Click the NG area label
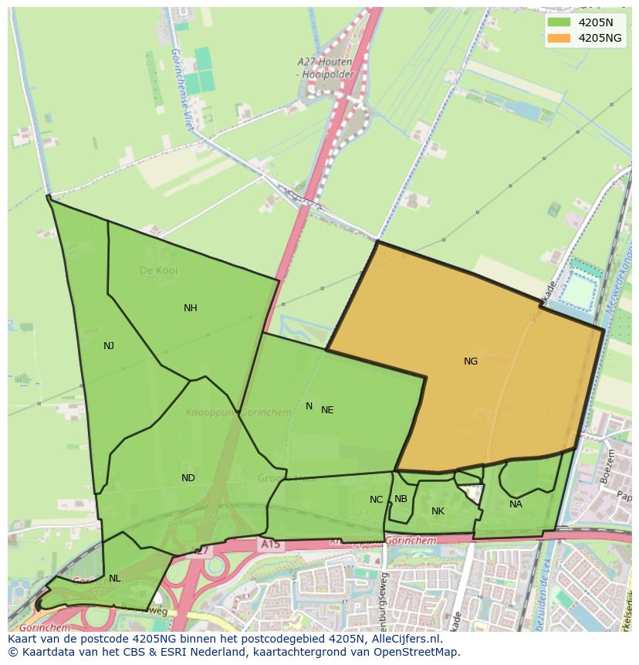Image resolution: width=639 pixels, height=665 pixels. pos(471,361)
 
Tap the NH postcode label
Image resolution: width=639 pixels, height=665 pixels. pos(191,308)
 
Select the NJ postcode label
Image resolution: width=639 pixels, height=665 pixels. pos(109,346)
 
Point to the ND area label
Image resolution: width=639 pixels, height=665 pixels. pos(188,478)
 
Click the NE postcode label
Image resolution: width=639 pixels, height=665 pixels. pos(327,410)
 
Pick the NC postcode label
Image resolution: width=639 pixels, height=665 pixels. pos(376,500)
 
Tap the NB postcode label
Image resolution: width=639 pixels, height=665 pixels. pos(401,499)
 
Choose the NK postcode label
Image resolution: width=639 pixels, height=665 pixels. pos(438,511)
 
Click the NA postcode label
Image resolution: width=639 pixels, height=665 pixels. pos(516,504)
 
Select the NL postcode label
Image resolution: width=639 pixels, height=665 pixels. pos(114,578)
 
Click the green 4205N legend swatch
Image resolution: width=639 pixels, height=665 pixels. pos(559,22)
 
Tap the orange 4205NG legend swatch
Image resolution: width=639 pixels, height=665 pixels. pos(559,38)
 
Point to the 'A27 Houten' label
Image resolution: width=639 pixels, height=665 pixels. pos(325,61)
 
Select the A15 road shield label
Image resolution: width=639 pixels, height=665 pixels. pos(270,545)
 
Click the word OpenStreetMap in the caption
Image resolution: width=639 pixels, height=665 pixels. pos(420,652)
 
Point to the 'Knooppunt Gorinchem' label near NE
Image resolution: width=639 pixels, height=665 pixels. pos(238,412)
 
